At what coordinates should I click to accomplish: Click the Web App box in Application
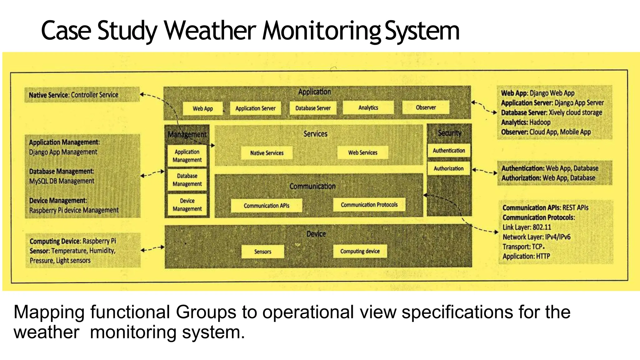tap(202, 108)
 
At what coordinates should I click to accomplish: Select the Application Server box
tap(255, 108)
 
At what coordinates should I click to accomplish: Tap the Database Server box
tap(313, 108)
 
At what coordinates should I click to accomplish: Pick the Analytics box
tap(368, 107)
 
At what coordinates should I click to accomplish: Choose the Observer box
tap(426, 107)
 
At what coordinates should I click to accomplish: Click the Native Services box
tap(267, 153)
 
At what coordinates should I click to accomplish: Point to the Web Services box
tap(362, 152)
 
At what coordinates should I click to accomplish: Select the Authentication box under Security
tap(449, 150)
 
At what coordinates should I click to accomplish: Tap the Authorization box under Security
tap(448, 168)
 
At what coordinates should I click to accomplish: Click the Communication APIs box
tap(267, 206)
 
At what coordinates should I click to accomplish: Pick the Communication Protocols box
tap(369, 205)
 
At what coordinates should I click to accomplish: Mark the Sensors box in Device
tap(262, 252)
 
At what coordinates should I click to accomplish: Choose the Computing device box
tap(360, 251)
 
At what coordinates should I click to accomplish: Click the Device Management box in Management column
tap(187, 205)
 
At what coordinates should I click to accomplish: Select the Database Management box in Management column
tap(187, 180)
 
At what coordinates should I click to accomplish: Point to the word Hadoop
tap(540, 122)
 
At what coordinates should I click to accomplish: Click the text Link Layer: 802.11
tap(527, 227)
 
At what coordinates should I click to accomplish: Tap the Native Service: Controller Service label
tap(74, 95)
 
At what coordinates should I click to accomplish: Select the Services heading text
tap(315, 134)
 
